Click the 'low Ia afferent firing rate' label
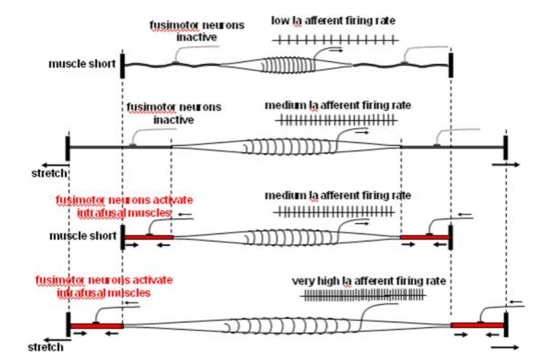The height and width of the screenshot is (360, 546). (333, 21)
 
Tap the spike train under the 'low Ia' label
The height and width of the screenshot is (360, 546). (335, 39)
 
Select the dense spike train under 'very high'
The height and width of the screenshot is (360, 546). (363, 296)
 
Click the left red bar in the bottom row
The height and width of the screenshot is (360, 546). (96, 326)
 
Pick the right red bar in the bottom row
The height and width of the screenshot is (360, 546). (477, 325)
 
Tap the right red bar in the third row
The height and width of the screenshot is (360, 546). (424, 237)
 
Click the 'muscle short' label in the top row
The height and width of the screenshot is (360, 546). (82, 63)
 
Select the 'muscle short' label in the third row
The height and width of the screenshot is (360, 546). (82, 235)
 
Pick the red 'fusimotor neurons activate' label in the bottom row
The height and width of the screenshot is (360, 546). (104, 285)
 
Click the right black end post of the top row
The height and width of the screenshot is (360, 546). (451, 65)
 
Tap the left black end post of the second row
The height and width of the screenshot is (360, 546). (68, 148)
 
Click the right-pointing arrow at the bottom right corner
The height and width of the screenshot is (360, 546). (509, 347)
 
